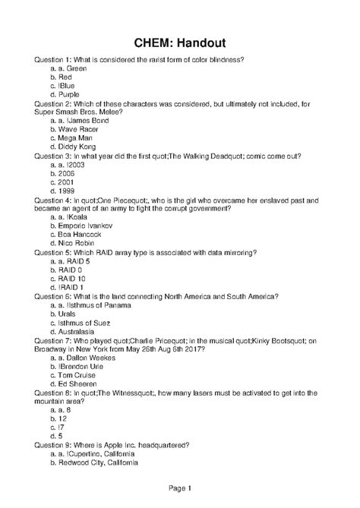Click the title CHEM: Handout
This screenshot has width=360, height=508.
click(x=180, y=42)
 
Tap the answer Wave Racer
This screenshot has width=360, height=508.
click(x=77, y=129)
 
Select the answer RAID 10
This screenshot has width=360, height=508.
click(x=73, y=279)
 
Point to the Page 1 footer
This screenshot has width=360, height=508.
click(x=180, y=487)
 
